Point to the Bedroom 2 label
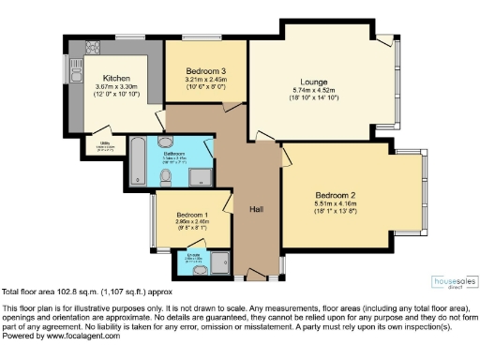(x=335, y=194)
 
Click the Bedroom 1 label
(x=190, y=215)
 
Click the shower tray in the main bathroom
(x=201, y=173)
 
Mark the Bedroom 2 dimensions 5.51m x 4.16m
(x=335, y=203)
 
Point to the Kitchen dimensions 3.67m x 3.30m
(x=117, y=88)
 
